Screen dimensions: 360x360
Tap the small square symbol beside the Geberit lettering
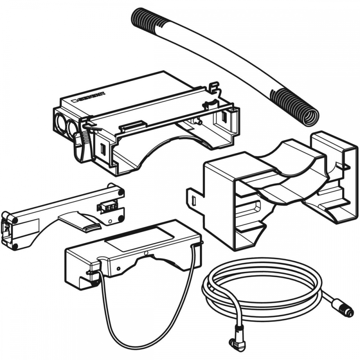74,100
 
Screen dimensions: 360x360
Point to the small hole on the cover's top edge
145,253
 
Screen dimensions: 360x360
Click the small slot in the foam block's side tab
193,201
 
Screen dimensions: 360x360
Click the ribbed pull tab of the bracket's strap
93,227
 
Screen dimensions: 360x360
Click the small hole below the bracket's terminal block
110,221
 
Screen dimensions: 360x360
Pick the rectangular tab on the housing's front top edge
133,125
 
